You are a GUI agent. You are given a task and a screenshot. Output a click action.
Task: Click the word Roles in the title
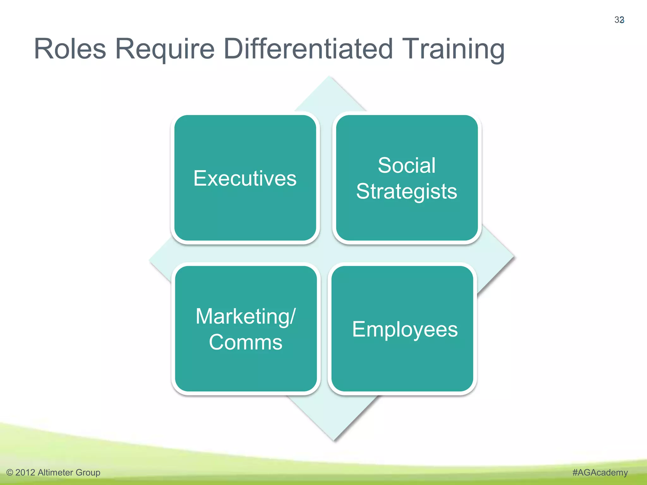70,49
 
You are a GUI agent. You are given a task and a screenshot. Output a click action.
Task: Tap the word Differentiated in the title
308,49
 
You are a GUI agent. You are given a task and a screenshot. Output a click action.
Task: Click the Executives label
245,178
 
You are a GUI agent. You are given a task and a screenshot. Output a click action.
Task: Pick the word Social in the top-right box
407,165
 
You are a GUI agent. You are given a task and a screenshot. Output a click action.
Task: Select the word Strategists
407,191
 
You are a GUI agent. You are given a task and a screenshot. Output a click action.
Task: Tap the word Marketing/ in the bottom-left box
245,316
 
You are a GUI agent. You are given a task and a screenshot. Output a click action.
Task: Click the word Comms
245,342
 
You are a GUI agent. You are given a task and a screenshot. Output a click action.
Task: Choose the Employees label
405,329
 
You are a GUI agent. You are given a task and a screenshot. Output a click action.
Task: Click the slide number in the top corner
619,20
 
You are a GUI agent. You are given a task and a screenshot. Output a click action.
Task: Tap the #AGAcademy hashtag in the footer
600,472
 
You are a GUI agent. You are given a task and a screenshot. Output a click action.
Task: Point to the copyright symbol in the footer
10,473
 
